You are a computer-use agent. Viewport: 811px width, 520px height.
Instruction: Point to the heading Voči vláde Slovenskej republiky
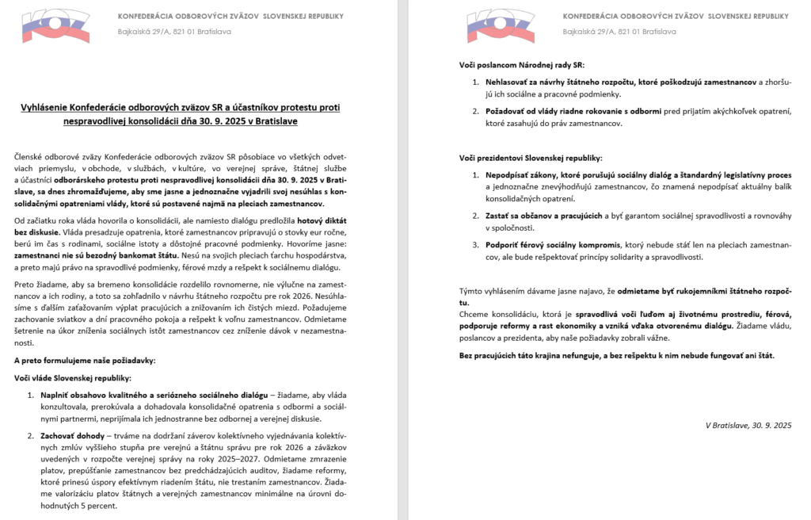(74, 378)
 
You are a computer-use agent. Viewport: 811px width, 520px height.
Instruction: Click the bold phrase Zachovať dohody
(71, 435)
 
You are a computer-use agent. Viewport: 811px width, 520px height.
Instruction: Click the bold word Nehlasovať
(510, 82)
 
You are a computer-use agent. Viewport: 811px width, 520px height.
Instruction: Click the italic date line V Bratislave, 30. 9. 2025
(748, 425)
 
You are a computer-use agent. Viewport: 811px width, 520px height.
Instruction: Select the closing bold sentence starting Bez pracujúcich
(617, 354)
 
